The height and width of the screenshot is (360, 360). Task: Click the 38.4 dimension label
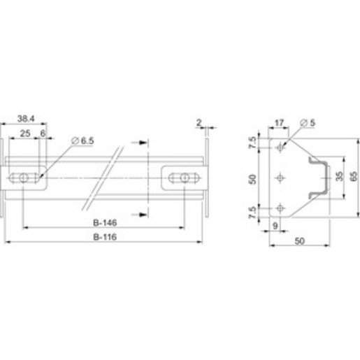pos(26,119)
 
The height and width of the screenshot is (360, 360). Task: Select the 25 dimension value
pos(25,134)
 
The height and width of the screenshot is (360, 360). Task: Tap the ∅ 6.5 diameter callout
pos(82,141)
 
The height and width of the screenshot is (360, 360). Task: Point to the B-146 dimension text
pos(105,223)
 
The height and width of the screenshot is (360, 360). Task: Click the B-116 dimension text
pos(105,237)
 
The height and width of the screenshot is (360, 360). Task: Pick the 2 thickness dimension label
pos(199,122)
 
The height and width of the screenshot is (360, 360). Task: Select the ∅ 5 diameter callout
pos(308,122)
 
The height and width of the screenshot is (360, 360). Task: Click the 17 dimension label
pos(279,122)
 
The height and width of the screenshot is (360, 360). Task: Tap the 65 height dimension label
pos(354,176)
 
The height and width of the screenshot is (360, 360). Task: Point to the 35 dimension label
pos(340,176)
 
